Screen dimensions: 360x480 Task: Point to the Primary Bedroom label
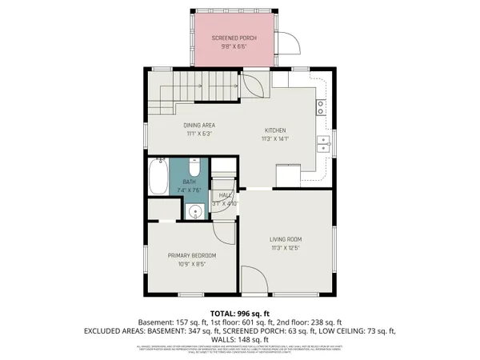click(x=191, y=255)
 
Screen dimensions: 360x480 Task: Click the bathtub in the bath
click(x=157, y=177)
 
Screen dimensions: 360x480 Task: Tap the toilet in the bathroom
click(x=194, y=167)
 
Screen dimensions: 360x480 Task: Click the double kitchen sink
click(x=325, y=144)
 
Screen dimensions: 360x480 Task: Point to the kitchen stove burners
click(x=321, y=103)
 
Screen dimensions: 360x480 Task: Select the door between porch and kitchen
click(x=254, y=84)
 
